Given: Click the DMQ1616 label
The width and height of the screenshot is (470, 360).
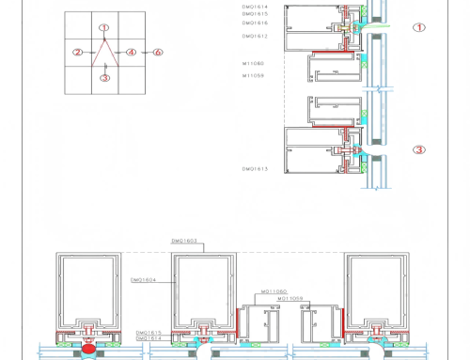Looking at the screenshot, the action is click(x=255, y=23).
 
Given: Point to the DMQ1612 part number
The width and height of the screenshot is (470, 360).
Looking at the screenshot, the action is click(x=255, y=36).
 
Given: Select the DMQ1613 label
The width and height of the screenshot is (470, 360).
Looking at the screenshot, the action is click(x=255, y=168).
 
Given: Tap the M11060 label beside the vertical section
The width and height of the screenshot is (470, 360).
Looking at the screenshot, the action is click(x=254, y=64).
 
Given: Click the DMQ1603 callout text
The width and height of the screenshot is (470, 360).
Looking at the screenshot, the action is click(x=184, y=242).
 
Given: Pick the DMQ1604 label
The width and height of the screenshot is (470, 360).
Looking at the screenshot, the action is click(x=143, y=279).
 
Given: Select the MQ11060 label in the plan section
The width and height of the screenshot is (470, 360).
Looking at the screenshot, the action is click(x=274, y=291).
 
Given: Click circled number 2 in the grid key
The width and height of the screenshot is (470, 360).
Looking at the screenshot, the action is click(x=78, y=53).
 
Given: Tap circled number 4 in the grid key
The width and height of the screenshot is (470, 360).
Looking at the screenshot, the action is click(x=132, y=53).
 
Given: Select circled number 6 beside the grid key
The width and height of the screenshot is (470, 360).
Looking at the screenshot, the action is click(x=157, y=53).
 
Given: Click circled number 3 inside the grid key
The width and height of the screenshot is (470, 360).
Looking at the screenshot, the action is click(x=104, y=78).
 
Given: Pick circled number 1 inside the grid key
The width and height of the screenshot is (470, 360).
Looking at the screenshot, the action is click(x=104, y=28).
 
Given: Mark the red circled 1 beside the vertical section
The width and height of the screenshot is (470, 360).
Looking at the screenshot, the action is click(x=419, y=27).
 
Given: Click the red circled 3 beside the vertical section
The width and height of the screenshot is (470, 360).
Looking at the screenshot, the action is click(x=419, y=149).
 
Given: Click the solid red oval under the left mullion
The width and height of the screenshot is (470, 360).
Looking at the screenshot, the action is click(x=88, y=349).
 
